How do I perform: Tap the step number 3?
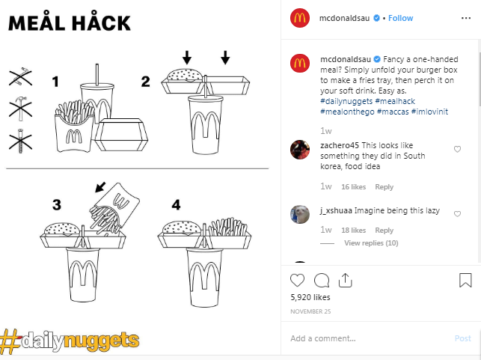[x=57, y=204]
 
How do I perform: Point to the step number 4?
[x=176, y=204]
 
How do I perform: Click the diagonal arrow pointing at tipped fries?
[x=99, y=186]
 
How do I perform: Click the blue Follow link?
[x=400, y=18]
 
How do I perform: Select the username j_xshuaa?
[x=335, y=210]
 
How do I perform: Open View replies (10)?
[x=370, y=243]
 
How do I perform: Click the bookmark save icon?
[x=465, y=280]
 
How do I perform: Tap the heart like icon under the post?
[x=298, y=280]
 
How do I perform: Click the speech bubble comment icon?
[x=322, y=280]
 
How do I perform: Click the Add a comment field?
[x=367, y=338]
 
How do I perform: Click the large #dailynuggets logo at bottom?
[x=70, y=341]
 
